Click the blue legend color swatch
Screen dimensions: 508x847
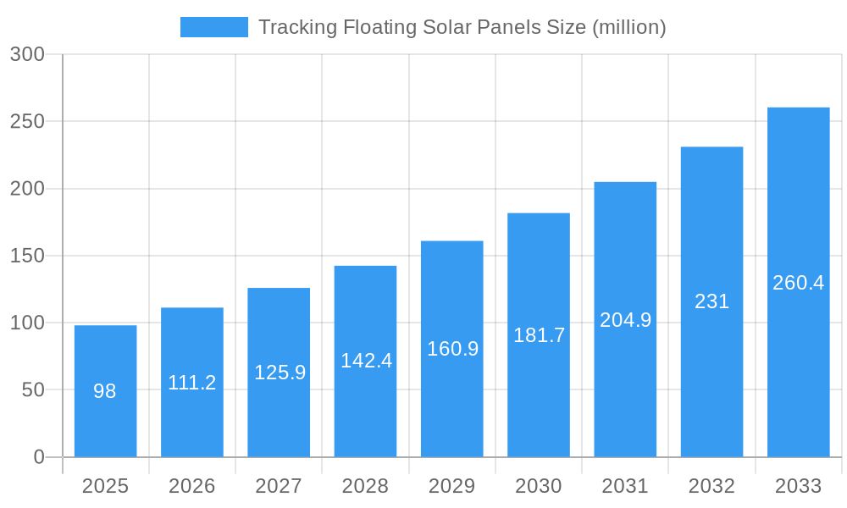click(213, 27)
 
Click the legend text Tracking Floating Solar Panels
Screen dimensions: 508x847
click(462, 27)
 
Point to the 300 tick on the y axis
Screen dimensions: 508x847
click(27, 54)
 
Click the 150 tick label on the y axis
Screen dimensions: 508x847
click(27, 256)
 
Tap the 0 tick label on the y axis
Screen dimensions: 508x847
click(39, 457)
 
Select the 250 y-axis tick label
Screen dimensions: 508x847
click(27, 121)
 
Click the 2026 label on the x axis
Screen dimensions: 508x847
click(192, 486)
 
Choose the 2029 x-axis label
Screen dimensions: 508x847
click(451, 486)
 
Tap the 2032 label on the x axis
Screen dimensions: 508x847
click(711, 486)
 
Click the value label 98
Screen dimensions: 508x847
click(105, 391)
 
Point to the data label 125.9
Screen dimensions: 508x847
click(280, 373)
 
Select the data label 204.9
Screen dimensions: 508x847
click(625, 320)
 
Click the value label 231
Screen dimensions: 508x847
click(711, 301)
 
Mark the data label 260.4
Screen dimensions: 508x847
click(798, 283)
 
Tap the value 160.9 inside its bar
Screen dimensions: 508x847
click(452, 349)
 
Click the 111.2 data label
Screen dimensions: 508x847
click(192, 383)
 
